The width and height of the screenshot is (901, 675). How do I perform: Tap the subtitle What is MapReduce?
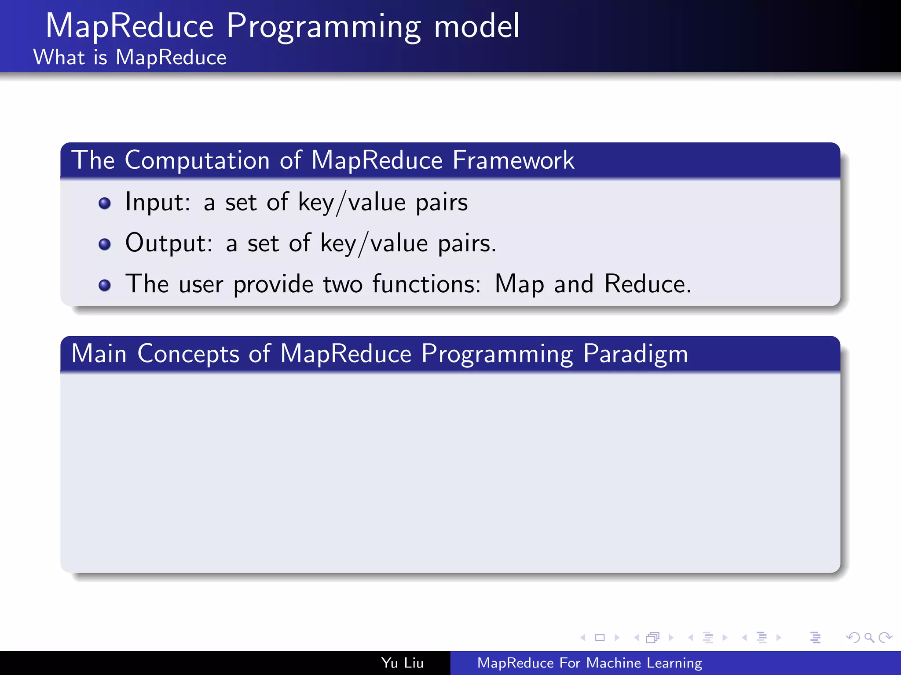(x=130, y=58)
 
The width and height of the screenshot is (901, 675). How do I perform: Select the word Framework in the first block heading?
(x=513, y=160)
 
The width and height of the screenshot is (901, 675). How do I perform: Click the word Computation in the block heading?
(x=197, y=160)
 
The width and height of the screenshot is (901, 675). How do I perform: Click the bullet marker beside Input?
(x=105, y=203)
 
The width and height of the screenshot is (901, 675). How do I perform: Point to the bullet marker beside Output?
(x=105, y=244)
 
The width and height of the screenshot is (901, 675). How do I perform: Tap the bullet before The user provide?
(x=105, y=285)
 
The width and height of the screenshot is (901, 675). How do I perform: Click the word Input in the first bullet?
(x=157, y=202)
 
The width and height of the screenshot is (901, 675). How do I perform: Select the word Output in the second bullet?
(x=168, y=243)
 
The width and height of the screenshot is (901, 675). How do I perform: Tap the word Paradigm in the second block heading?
(x=635, y=354)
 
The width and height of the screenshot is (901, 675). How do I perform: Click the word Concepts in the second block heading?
(x=188, y=354)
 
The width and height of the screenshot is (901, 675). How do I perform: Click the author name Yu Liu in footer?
(x=402, y=663)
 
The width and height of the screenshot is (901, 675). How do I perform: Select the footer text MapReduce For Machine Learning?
(x=590, y=663)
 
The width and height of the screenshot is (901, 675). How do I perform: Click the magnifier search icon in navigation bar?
(x=869, y=637)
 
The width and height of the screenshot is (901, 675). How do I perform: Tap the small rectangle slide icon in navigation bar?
(x=600, y=637)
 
